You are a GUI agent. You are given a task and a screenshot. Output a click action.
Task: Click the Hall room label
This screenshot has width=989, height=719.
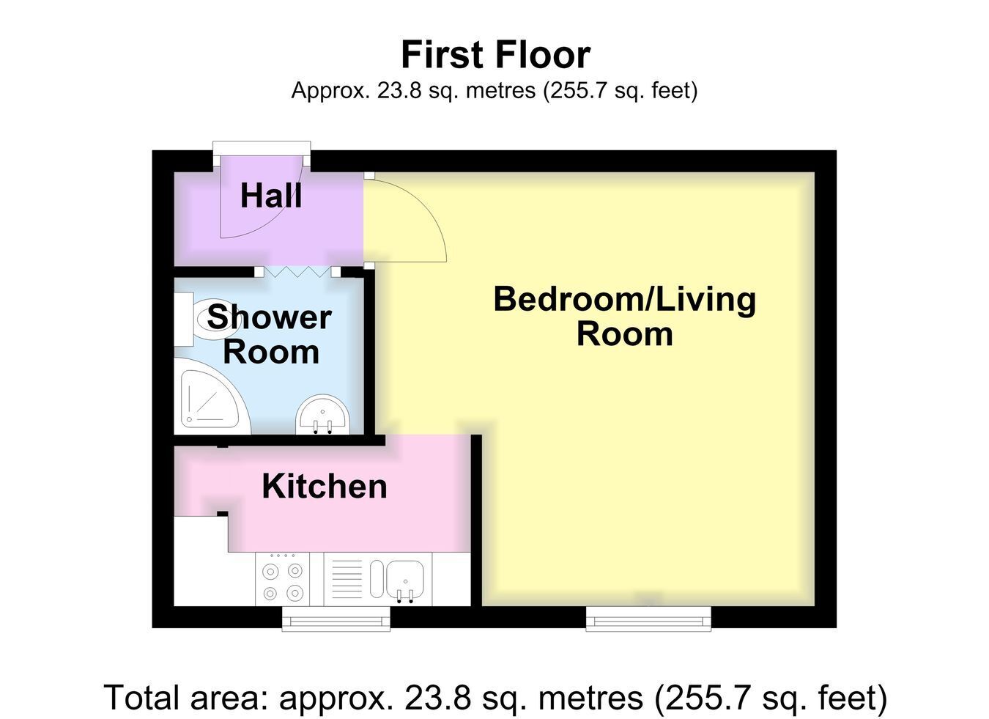[x=271, y=196]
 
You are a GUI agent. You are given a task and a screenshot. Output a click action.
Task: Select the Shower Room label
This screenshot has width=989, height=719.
[x=270, y=334]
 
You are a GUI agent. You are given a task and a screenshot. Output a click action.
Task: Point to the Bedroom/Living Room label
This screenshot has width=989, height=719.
[x=624, y=316]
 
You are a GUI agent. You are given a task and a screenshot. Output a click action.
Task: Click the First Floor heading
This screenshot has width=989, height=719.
[x=495, y=54]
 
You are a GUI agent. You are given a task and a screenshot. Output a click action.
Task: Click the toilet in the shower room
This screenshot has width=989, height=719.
[x=207, y=318]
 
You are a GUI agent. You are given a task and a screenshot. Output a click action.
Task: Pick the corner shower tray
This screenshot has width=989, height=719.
[x=212, y=396]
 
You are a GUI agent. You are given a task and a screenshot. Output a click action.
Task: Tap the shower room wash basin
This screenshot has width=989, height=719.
[x=323, y=415]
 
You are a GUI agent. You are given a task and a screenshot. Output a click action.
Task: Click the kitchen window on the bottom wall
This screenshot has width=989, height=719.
[x=336, y=619]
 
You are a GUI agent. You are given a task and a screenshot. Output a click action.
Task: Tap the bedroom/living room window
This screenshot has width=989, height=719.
[x=648, y=619]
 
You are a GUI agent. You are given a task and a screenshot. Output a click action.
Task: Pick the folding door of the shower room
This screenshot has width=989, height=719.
[x=299, y=272]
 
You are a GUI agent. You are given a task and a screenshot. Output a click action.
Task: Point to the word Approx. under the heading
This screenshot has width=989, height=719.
[x=330, y=91]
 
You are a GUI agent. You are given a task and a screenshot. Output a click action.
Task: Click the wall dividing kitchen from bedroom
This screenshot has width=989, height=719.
[x=476, y=521]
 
